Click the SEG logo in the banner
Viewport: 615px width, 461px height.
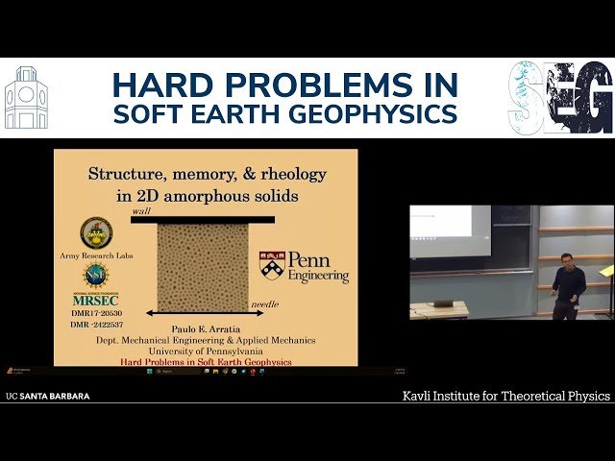click(560, 98)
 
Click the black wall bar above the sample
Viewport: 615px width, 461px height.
click(203, 220)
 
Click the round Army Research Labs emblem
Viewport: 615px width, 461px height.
click(95, 233)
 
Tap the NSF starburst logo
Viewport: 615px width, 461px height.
click(95, 277)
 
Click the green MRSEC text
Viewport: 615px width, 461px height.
click(95, 301)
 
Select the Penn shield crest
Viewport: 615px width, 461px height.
click(273, 264)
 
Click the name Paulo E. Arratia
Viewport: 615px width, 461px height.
click(203, 328)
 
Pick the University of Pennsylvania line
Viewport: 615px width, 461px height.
click(203, 351)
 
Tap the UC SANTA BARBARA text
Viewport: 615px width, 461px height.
click(48, 395)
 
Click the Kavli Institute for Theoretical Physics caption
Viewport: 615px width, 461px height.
click(505, 395)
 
